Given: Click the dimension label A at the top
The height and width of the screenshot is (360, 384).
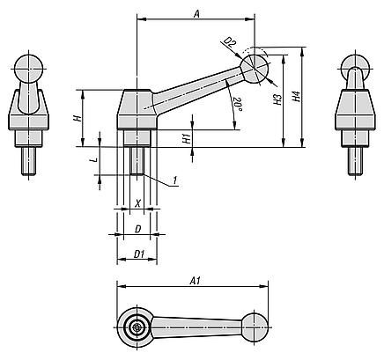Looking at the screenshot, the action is point(196,14).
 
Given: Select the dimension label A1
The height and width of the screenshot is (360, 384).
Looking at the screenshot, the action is point(195,281).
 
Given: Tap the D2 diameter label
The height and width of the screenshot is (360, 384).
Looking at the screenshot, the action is point(230,43).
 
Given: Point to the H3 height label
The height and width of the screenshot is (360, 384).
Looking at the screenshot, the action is point(277,99).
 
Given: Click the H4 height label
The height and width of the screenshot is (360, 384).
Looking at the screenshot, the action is point(297,97).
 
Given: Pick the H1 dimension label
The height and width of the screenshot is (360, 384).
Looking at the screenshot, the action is point(186,138).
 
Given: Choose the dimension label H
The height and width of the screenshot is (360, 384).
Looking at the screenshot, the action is point(77,118).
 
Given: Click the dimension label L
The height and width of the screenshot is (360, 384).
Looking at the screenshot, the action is point(95,160).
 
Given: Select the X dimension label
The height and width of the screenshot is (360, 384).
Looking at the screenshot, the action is point(137,203).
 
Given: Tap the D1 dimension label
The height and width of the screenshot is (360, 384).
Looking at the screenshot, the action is point(139,254).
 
